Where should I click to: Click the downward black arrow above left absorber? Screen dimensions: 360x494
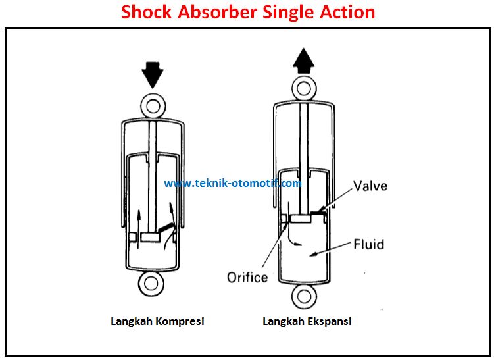153,75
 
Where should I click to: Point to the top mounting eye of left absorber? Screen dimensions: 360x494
153,105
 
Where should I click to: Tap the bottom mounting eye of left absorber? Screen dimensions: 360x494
153,284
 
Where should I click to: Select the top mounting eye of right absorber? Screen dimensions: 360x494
304,87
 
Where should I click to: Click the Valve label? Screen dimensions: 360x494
370,186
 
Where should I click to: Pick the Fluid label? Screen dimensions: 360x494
368,244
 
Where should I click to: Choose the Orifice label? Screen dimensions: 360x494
247,277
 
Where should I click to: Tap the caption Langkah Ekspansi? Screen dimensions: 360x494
307,322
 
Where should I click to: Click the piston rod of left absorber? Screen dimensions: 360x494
153,165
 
